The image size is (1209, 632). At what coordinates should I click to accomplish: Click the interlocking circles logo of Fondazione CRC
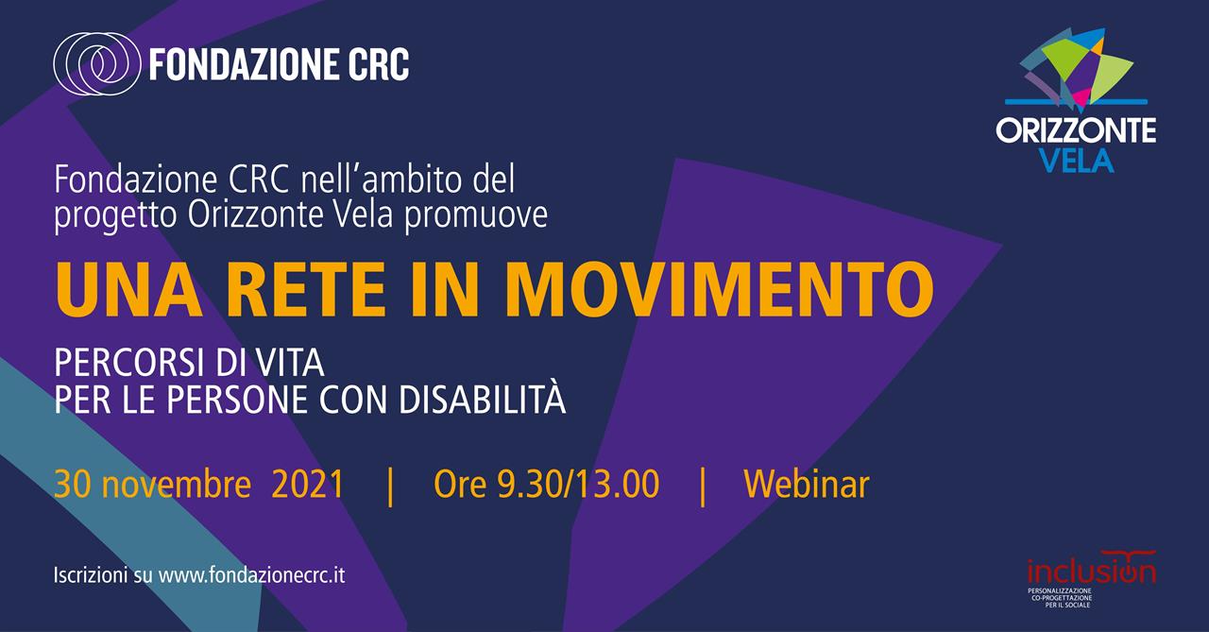(x=96, y=64)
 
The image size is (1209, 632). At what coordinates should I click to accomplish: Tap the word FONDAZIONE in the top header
(x=236, y=64)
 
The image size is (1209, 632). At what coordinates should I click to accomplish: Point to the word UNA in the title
(x=128, y=290)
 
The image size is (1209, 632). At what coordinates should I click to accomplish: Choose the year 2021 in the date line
(x=308, y=484)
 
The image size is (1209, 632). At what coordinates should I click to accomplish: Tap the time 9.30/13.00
(x=578, y=484)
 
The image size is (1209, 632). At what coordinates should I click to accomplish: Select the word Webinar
(x=807, y=484)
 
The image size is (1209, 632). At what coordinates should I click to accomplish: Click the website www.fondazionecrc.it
(x=251, y=575)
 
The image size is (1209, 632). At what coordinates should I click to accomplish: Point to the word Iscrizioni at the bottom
(x=91, y=575)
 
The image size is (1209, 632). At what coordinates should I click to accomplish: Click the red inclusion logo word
(x=1091, y=570)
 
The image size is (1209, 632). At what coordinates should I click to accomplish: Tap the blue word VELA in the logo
(x=1076, y=161)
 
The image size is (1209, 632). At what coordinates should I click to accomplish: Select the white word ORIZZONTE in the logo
(x=1076, y=130)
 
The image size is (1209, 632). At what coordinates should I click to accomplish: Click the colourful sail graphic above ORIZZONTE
(x=1078, y=67)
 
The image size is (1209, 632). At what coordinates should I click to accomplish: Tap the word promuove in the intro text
(x=476, y=217)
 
